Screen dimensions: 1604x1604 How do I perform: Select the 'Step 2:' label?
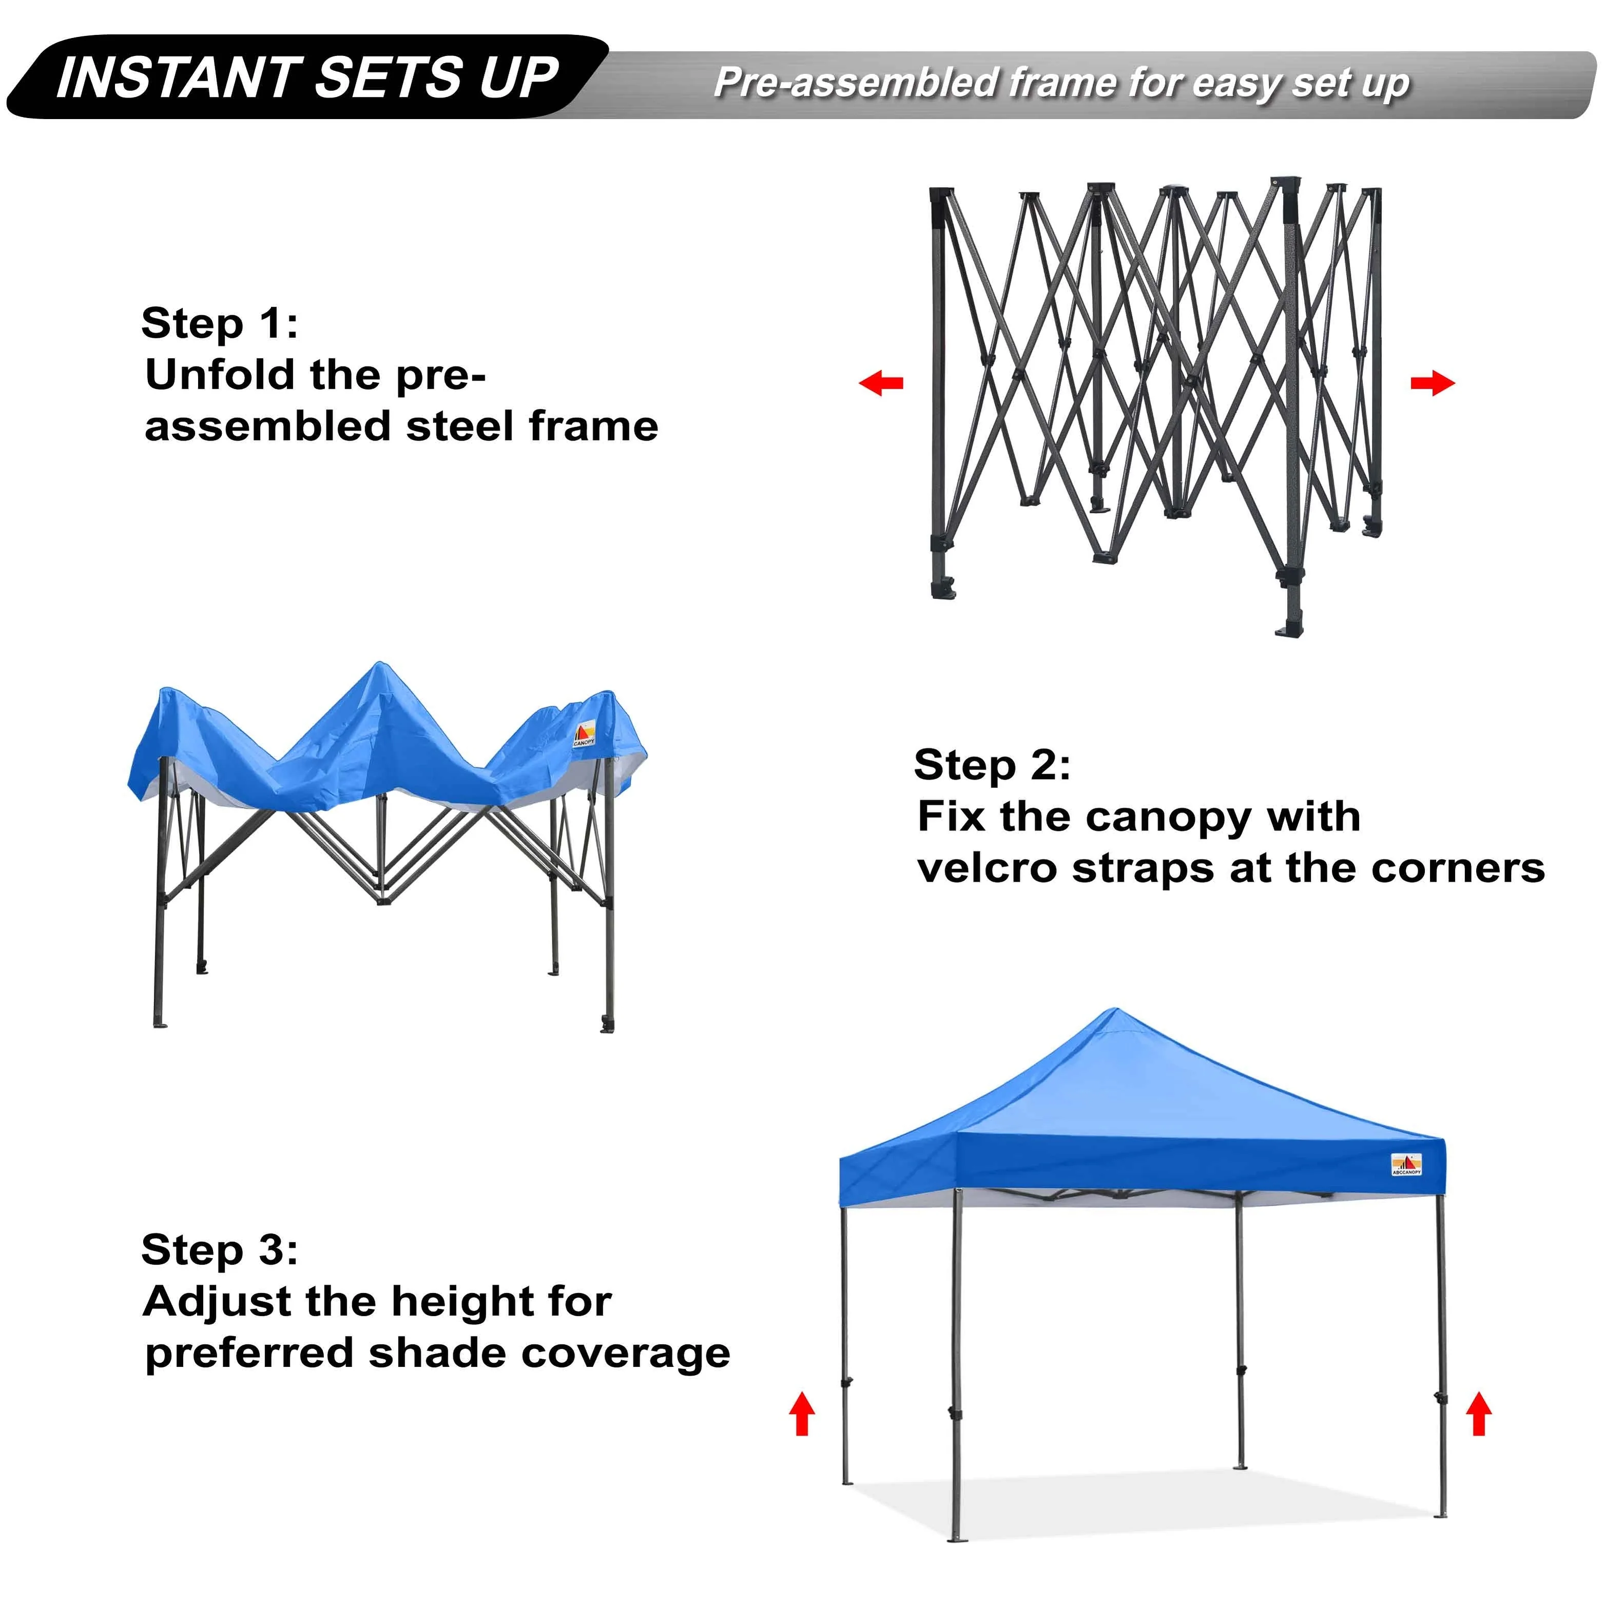coord(992,765)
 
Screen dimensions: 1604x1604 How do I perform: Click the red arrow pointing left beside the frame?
coord(881,383)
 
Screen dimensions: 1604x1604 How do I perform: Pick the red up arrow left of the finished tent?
coord(802,1414)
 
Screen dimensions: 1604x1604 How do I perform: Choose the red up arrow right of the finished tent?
coord(1479,1414)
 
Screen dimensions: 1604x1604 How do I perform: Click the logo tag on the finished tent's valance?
coord(1406,1165)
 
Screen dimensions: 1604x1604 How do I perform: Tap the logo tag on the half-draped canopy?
coord(585,732)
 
